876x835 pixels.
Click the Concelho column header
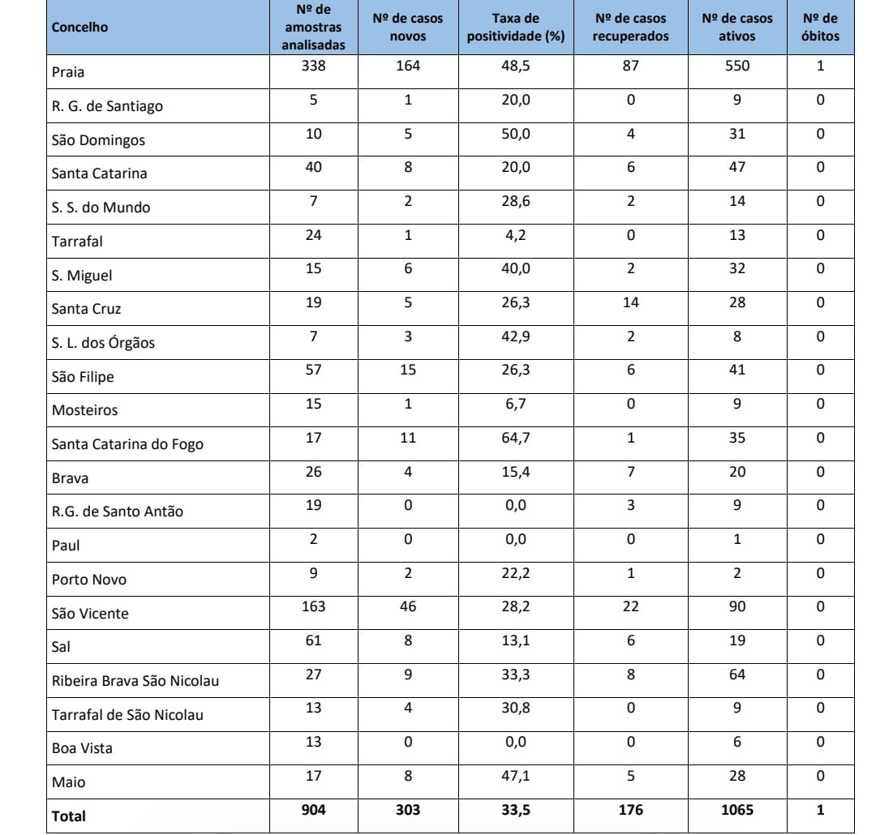tap(79, 28)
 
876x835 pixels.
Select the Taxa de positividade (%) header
tap(515, 28)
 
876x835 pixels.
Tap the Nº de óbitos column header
tap(820, 28)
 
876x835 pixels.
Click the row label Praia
tap(68, 72)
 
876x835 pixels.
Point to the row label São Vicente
tap(90, 614)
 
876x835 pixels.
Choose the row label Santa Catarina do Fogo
tap(127, 444)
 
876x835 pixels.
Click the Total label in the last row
tap(68, 817)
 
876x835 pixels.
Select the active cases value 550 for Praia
tap(736, 66)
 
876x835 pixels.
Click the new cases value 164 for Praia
tap(407, 66)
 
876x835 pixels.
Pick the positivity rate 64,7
tap(515, 438)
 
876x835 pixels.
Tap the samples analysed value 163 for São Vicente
tap(313, 606)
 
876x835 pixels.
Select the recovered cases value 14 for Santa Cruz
tap(630, 302)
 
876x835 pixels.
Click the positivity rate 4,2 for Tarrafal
tap(515, 234)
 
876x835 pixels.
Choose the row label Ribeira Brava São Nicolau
tap(135, 681)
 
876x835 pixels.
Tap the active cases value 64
tap(736, 674)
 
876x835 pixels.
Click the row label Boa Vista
tap(82, 748)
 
